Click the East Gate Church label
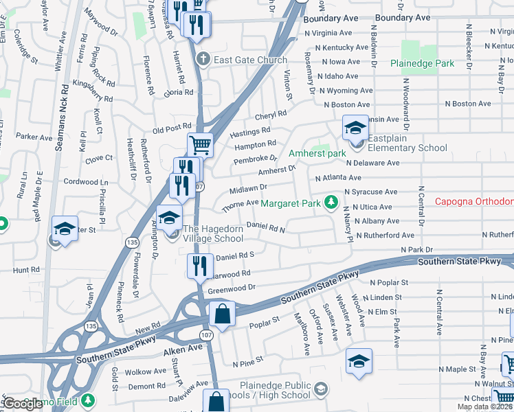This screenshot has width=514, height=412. coord(250,60)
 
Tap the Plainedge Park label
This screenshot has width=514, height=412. coord(422,63)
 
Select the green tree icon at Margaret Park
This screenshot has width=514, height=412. coord(331,202)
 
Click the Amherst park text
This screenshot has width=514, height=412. coord(317,153)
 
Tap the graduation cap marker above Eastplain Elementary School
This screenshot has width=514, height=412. coord(355,128)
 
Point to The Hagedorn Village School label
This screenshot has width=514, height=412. coord(212,233)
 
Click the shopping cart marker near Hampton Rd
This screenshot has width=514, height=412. coord(200,145)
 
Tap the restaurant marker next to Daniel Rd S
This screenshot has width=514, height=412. coord(200,266)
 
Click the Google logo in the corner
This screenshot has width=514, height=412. coord(23,404)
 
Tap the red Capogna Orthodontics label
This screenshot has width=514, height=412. coord(474,201)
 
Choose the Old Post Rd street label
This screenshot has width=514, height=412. coord(172,128)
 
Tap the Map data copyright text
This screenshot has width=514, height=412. coord(484,407)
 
